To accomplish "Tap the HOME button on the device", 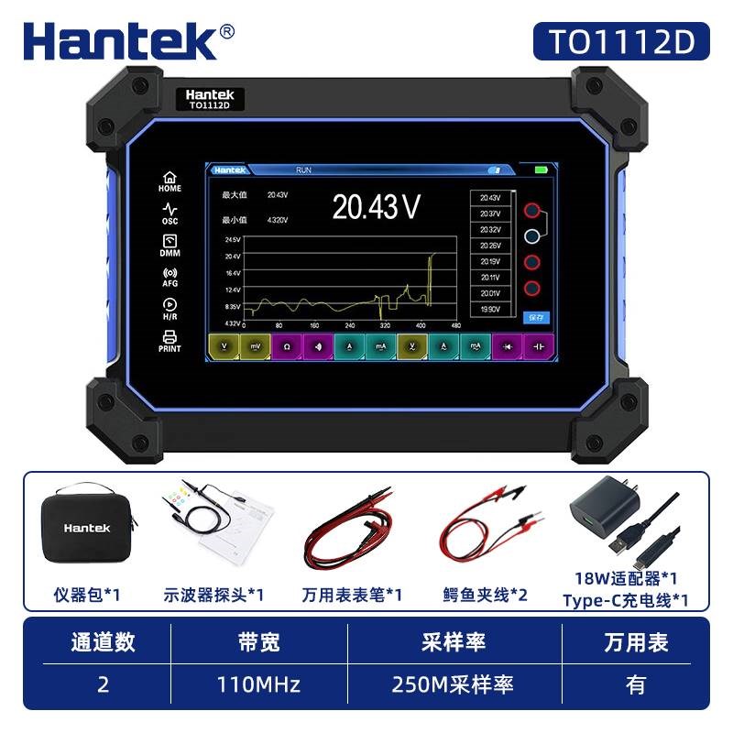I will coord(170,181).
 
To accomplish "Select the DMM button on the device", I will coord(170,246).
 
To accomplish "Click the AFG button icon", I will coord(170,277).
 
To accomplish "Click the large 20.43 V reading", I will coord(376,207).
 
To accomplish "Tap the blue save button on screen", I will coord(535,317).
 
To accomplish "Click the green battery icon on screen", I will coord(541,170).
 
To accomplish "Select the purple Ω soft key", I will coord(286,347).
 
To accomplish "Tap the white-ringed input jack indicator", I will coord(532,237).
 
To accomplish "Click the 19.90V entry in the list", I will coord(490,310).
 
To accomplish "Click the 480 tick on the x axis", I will coord(455,325).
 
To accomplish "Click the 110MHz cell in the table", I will coord(258,684).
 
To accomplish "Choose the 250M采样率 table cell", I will coord(453,684).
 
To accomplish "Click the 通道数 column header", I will coord(103,642).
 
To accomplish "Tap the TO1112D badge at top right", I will coord(622,40).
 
